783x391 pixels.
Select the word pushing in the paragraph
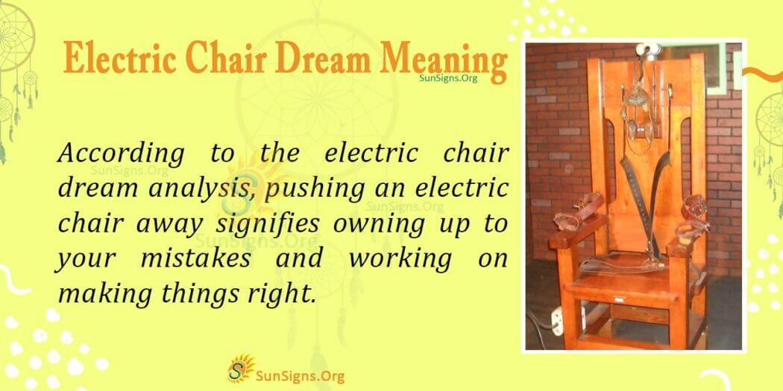[x=306, y=188]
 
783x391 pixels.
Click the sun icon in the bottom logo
[x=239, y=367]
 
